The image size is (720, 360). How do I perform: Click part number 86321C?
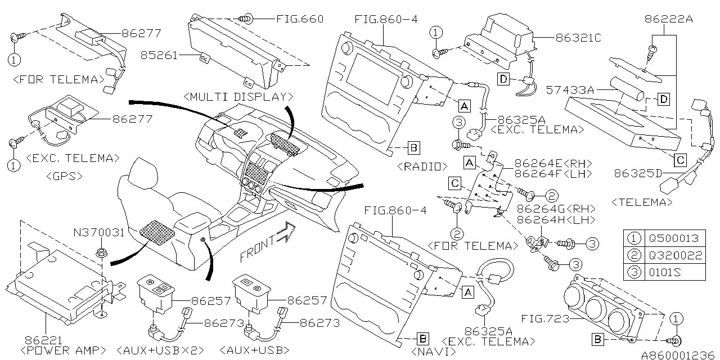click(578, 38)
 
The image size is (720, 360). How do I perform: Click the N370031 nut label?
click(98, 232)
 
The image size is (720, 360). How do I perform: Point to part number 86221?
click(40, 340)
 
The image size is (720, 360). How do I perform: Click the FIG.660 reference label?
click(300, 19)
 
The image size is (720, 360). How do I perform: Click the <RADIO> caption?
click(421, 166)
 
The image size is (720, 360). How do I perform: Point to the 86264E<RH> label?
click(554, 164)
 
